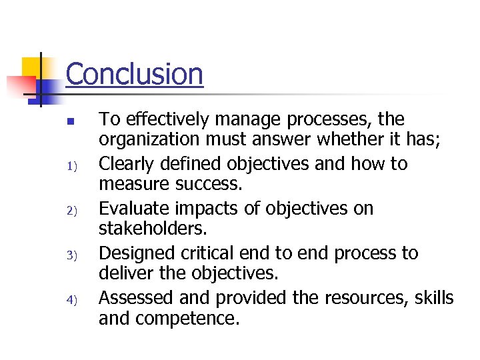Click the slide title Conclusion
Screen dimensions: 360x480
(134, 74)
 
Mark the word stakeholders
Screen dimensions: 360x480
(153, 230)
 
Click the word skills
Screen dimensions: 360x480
(433, 297)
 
